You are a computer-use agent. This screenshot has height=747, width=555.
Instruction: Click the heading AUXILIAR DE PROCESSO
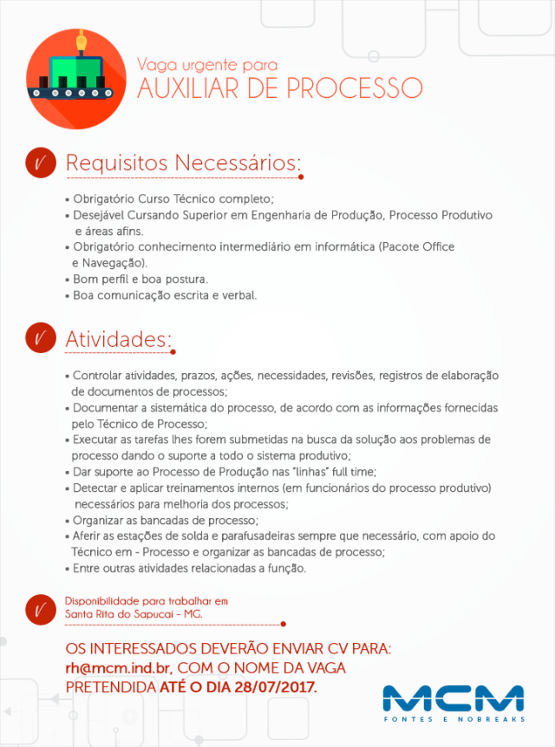tap(279, 88)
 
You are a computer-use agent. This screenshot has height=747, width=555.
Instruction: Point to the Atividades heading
tap(119, 339)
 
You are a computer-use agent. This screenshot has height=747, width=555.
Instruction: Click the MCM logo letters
tap(453, 699)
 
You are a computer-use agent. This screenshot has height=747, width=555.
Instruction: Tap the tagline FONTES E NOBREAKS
tap(454, 719)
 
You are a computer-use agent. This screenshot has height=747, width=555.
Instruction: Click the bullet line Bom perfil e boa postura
tap(140, 279)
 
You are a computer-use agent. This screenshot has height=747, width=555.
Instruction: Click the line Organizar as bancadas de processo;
tap(166, 521)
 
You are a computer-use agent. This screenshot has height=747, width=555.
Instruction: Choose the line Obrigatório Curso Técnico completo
tap(173, 198)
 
